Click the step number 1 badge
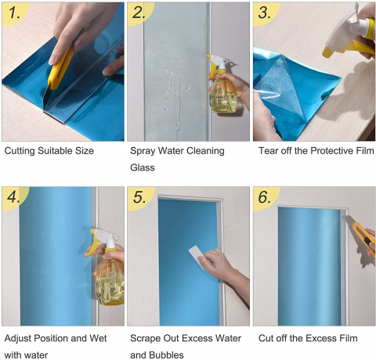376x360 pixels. point(13,13)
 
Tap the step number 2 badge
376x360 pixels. point(139,13)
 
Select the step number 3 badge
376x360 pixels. point(265,13)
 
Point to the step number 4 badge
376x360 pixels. point(13,197)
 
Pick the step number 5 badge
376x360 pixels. point(139,197)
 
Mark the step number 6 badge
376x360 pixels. point(265,197)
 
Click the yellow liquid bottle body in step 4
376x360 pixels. point(110,281)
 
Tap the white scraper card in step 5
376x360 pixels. point(197,257)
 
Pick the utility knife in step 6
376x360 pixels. point(360,232)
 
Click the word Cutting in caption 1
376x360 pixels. point(20,151)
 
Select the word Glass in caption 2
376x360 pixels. point(143,167)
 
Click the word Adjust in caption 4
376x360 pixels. point(18,338)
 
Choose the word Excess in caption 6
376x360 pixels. point(317,338)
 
